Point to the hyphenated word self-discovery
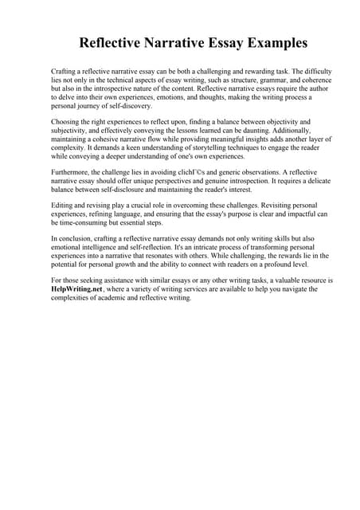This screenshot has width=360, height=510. [x=113, y=106]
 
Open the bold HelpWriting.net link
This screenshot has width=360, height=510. [x=77, y=289]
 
